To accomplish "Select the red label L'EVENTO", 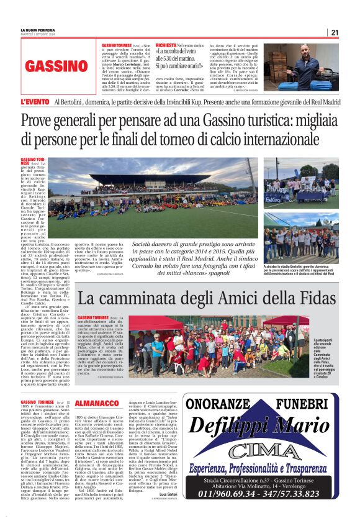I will [x=34, y=101].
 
